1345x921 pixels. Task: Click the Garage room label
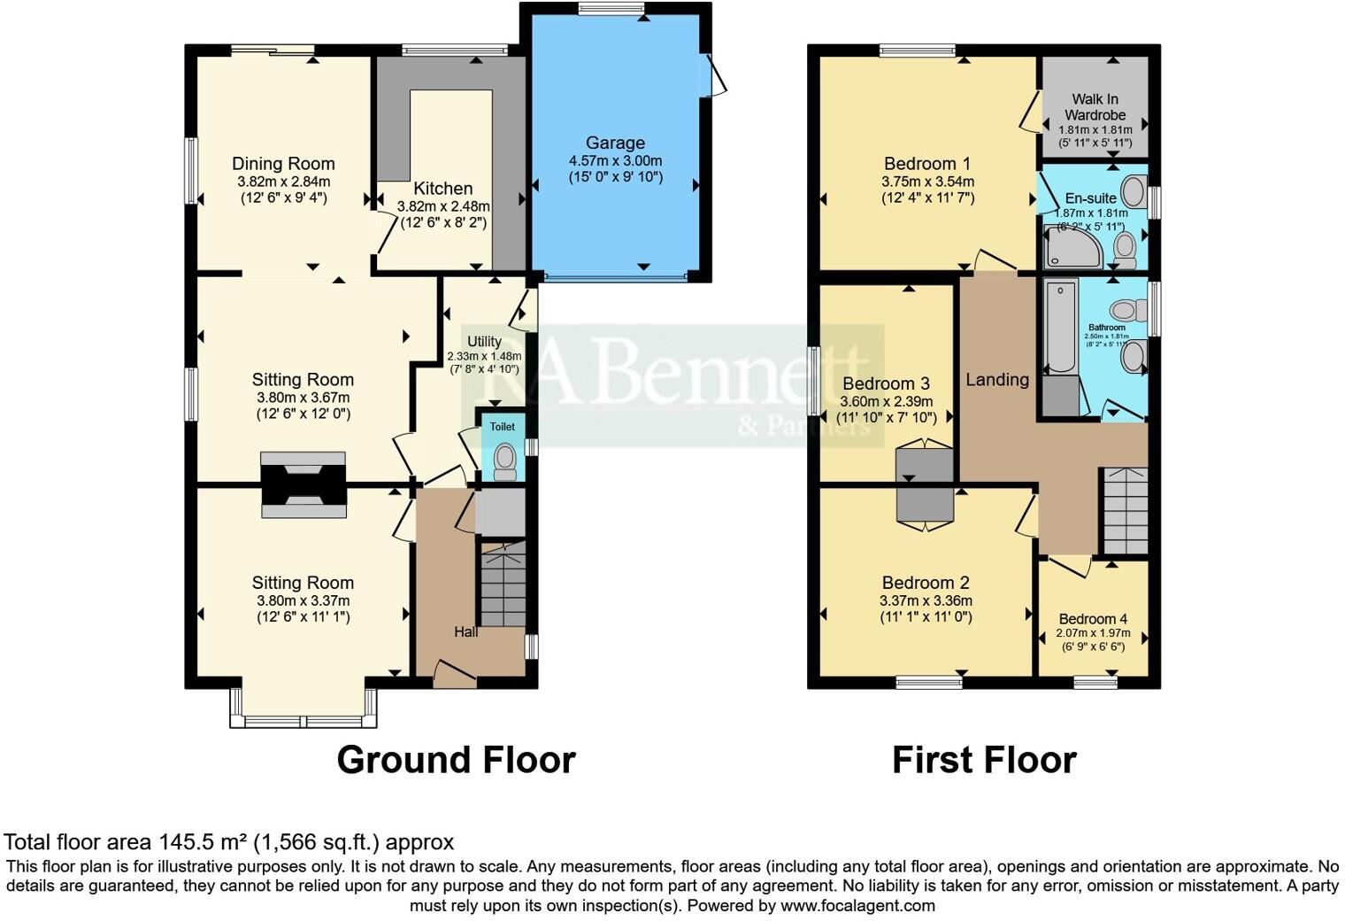[615, 143]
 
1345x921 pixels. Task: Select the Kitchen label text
[442, 189]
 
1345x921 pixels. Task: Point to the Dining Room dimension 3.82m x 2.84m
[283, 182]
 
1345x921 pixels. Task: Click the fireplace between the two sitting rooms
[303, 484]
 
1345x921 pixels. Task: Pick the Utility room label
[484, 342]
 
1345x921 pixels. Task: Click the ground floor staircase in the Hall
[502, 584]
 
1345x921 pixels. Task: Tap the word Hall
[465, 632]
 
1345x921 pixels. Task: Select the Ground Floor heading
[456, 760]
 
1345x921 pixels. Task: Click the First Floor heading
[984, 760]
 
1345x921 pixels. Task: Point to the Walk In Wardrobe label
[1095, 107]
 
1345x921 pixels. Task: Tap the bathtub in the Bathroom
[1060, 326]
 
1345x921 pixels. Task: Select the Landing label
[997, 380]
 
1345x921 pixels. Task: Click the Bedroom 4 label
[1093, 619]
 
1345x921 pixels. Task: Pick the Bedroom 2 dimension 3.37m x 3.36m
[926, 601]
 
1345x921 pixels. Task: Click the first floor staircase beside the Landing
[1123, 510]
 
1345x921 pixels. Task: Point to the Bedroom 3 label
[886, 383]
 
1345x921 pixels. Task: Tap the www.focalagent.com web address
[857, 906]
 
